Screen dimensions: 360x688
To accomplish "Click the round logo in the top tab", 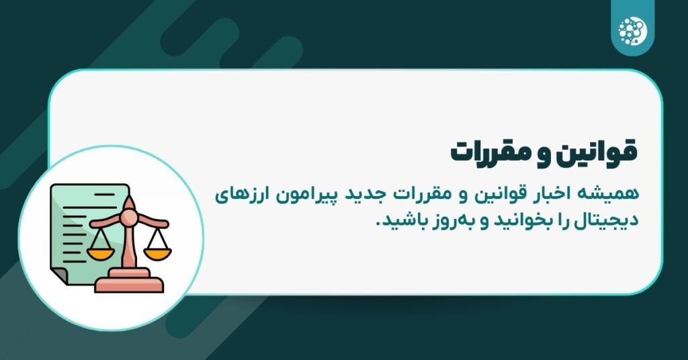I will pos(630,28).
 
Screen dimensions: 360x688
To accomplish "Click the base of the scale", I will pos(129,281).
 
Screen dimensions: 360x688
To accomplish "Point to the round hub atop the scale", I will pos(129,217).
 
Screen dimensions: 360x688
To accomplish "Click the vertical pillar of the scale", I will pos(130,245).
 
